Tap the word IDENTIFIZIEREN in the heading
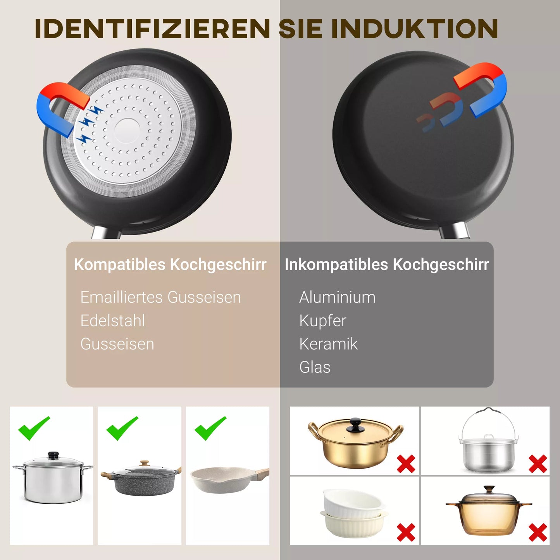(x=152, y=29)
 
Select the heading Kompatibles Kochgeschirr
(x=170, y=265)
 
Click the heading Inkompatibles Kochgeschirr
(x=387, y=265)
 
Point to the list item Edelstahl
(x=113, y=321)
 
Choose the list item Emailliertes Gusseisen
(x=160, y=298)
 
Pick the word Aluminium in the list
(x=337, y=298)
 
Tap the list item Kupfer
(x=322, y=321)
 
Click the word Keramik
(x=328, y=344)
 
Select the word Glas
(x=315, y=367)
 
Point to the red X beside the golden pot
(x=406, y=464)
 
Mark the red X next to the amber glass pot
(x=538, y=532)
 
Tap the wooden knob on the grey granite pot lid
(x=144, y=463)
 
